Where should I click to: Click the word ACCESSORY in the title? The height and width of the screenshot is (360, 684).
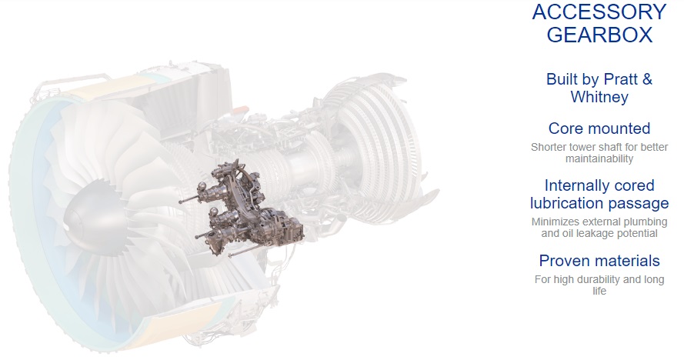coord(599,12)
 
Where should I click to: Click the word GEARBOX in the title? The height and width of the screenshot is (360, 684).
coord(599,35)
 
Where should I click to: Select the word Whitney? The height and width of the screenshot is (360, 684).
coord(599,97)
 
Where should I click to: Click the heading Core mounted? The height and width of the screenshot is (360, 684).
coord(599,128)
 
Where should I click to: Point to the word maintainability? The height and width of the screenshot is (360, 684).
coord(599,158)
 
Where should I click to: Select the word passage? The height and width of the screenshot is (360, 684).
coord(638,204)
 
